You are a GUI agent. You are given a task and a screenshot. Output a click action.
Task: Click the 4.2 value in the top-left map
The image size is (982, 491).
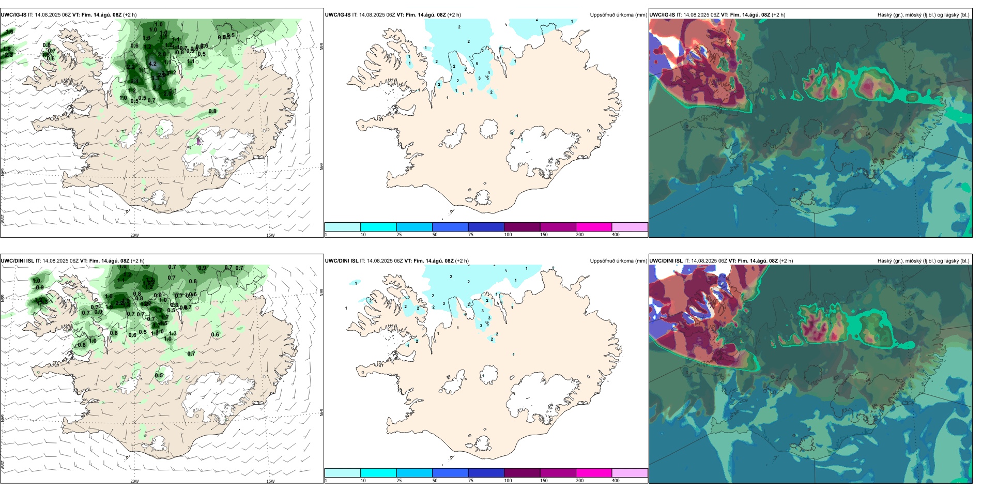coord(152,64)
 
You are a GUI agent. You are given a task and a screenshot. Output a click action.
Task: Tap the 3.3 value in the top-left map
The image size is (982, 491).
coord(155,78)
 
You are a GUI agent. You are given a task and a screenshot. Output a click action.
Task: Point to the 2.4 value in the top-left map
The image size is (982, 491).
coord(134,81)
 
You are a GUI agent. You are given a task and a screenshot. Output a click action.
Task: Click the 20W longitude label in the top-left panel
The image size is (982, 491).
coord(134,235)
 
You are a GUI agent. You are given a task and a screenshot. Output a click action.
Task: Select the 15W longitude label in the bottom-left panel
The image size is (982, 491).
coord(270,481)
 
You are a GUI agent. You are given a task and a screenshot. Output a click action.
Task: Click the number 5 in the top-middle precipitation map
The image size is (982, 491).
coord(477,64)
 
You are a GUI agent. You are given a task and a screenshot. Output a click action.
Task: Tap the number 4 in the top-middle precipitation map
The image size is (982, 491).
coord(488,73)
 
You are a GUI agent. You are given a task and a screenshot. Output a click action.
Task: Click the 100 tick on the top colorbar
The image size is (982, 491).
coord(508,235)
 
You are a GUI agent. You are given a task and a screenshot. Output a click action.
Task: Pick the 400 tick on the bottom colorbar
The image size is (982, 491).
coord(616,481)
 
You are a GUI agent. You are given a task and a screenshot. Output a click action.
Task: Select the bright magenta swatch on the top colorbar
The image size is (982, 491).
coord(594,227)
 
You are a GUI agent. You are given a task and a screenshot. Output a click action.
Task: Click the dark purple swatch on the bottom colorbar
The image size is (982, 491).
coord(522,473)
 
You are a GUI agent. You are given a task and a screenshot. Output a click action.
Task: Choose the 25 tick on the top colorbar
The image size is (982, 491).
coord(399,235)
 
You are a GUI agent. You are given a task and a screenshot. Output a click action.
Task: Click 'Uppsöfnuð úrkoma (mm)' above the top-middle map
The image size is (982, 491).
coord(618,15)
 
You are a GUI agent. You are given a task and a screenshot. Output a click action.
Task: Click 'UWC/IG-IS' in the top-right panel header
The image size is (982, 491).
coord(662,15)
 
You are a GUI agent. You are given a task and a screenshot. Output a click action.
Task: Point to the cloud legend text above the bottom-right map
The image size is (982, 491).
coord(923,261)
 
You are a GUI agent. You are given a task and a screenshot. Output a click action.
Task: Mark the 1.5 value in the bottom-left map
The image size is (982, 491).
coord(164,324)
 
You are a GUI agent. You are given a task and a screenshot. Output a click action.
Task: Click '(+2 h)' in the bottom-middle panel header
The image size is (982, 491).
coord(462,261)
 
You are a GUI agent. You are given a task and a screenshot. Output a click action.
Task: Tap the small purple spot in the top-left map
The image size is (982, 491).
coord(198,141)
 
